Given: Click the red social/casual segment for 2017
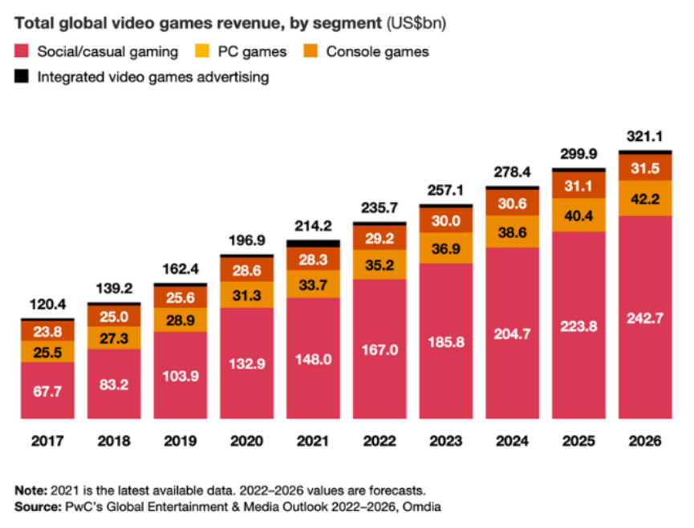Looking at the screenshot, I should [x=47, y=389].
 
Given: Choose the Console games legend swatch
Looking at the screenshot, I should [x=311, y=52].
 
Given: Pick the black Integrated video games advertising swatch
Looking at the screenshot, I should [x=22, y=77].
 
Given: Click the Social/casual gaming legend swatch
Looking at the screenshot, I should [x=22, y=52].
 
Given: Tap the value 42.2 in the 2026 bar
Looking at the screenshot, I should [x=646, y=199].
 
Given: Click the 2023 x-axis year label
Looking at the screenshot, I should [x=446, y=441].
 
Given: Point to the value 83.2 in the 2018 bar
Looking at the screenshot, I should [x=114, y=383].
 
